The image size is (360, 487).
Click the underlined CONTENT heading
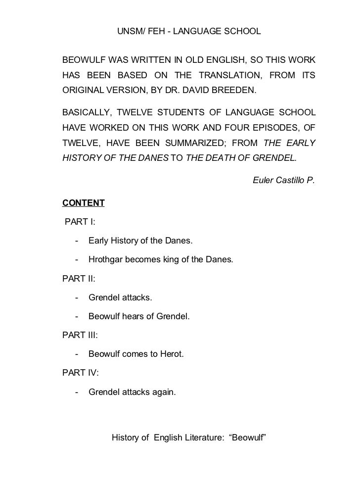83,203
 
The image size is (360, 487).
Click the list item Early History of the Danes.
141,241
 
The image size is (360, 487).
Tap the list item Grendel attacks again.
131,392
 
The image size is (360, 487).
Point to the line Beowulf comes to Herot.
135,354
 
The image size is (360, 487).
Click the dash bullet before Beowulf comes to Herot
77,354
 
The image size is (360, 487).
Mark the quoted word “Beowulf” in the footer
248,438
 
